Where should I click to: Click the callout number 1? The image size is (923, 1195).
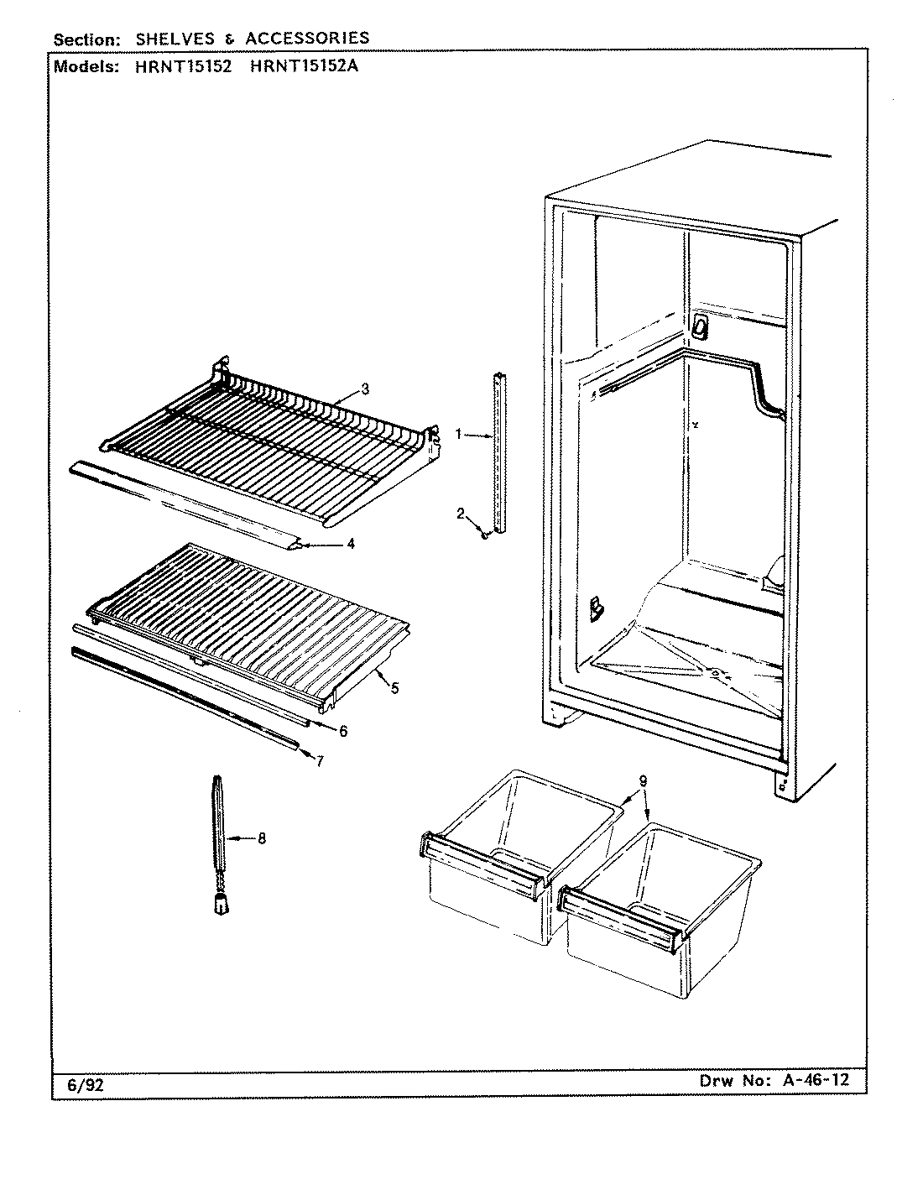click(459, 434)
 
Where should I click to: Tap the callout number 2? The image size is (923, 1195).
click(460, 514)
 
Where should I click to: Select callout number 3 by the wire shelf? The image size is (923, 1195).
click(365, 388)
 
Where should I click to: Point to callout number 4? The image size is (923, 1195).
click(351, 544)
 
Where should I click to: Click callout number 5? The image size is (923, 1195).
click(394, 688)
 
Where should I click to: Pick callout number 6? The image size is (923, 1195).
click(343, 730)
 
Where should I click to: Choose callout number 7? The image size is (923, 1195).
click(320, 760)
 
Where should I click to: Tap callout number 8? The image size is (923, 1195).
click(262, 838)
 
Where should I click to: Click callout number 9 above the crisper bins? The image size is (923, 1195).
click(642, 780)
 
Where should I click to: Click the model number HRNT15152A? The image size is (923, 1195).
click(305, 68)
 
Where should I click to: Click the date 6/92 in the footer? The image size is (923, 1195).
click(85, 1086)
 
